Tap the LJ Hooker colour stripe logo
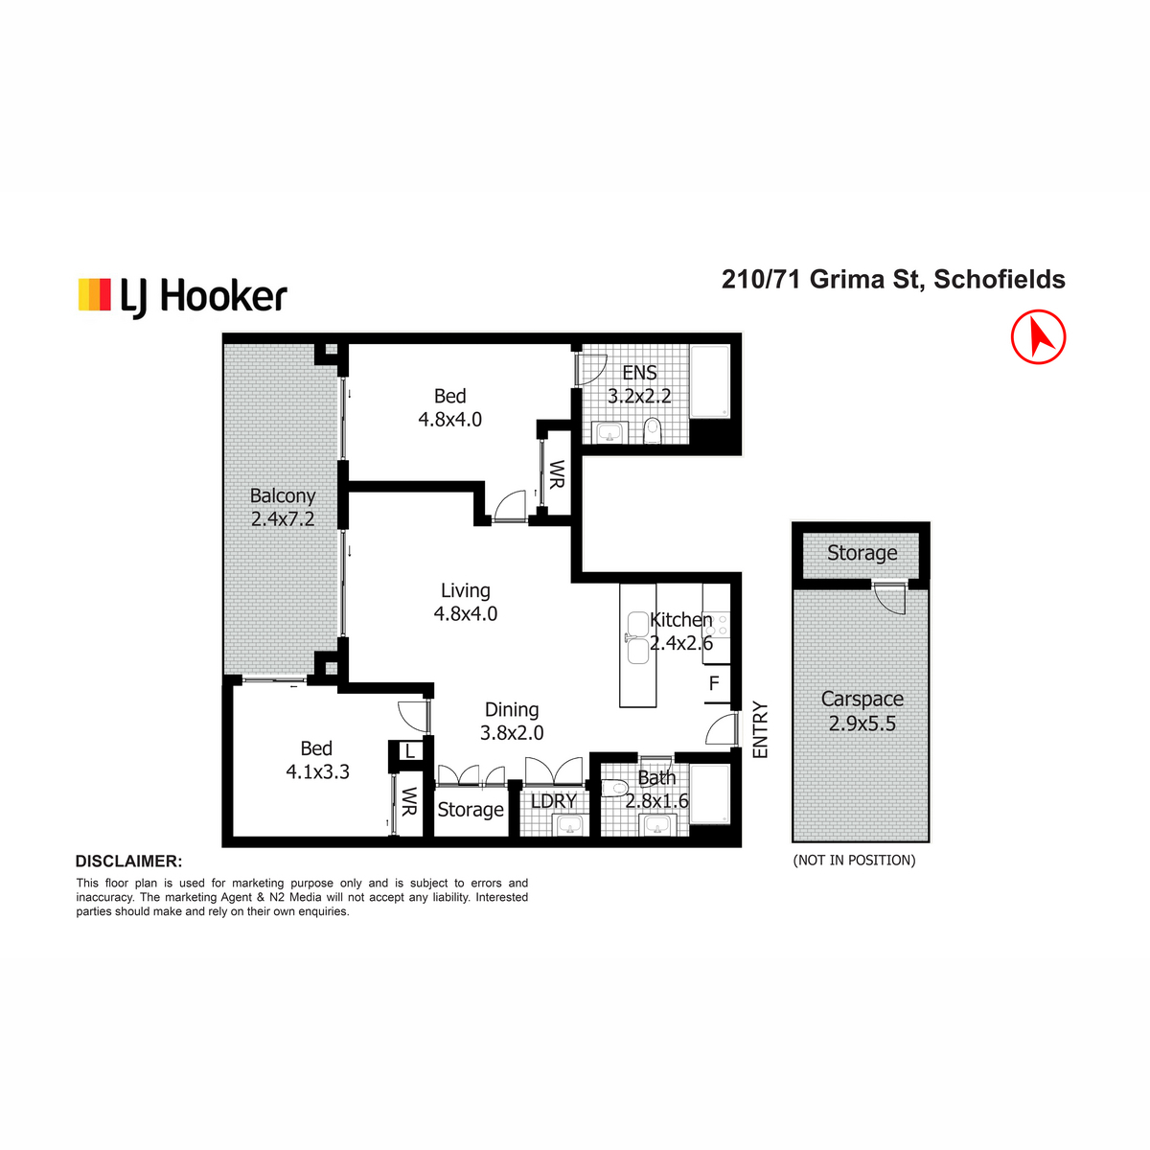coord(94,294)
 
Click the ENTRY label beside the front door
coord(759,730)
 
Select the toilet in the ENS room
coord(653,430)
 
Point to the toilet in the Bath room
coord(614,789)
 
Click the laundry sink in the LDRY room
coord(570,826)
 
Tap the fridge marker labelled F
coord(714,683)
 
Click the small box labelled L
coord(409,750)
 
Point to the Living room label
coord(466,590)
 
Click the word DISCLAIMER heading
coord(129,862)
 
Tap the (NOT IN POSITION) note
coord(854,860)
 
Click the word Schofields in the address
coord(999,279)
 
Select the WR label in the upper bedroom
coord(556,474)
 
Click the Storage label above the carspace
coord(862,553)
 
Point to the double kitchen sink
coord(637,637)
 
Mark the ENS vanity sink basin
coord(609,432)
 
